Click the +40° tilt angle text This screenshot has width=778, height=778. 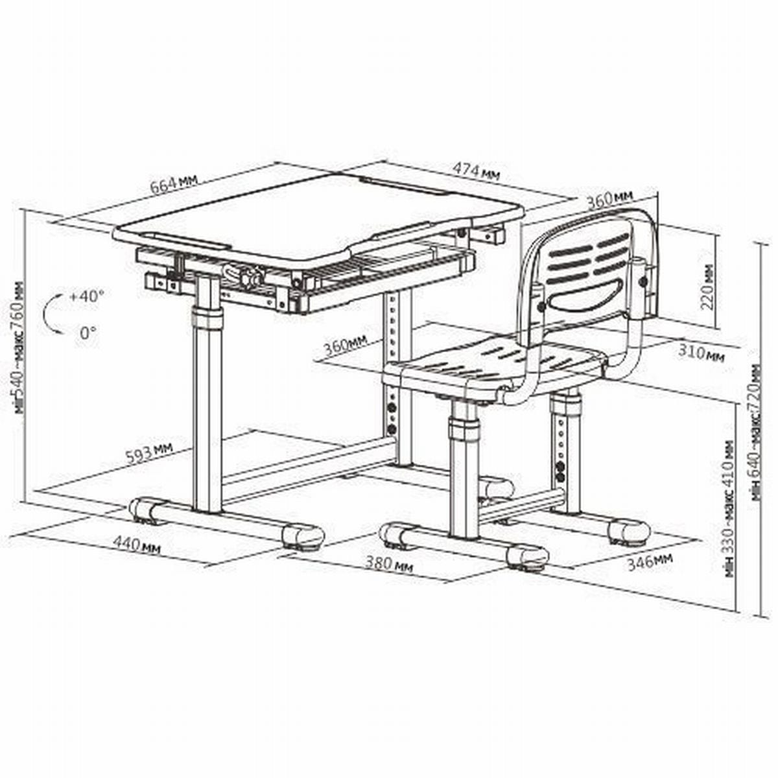coord(87,296)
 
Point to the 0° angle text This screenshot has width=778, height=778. coord(88,333)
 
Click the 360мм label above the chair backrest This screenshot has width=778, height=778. coord(609,200)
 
